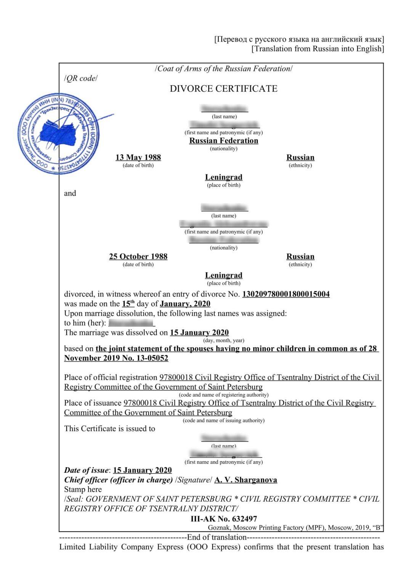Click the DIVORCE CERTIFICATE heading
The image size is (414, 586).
pos(223,89)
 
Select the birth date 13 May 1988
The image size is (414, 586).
pos(138,157)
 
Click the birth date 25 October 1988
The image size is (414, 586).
pos(138,256)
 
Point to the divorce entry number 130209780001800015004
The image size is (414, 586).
pos(286,294)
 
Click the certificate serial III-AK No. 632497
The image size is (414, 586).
pos(223,519)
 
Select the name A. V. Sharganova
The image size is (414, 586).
pos(246,480)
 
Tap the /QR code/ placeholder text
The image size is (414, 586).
pos(81,79)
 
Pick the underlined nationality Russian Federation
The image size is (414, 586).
pos(224,141)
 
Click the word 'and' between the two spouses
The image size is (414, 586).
pos(70,193)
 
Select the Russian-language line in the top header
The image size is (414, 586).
pos(299,39)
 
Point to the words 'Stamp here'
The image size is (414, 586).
pos(83,489)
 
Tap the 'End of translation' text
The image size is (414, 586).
pos(217,537)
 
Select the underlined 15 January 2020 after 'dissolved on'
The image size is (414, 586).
pos(199,332)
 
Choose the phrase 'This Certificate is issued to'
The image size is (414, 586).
pos(109,429)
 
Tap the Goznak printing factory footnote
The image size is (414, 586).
pos(295,528)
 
